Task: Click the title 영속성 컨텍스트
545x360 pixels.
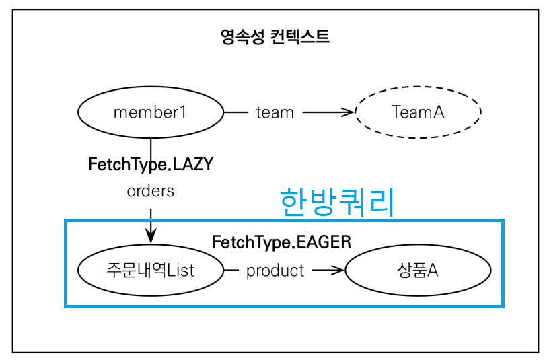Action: pos(275,36)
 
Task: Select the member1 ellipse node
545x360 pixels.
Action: pos(151,112)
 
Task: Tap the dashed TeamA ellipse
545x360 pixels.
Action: pos(418,112)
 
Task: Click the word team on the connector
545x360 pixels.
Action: pos(275,112)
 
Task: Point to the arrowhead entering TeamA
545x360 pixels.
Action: pos(349,112)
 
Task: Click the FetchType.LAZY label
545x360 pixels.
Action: pos(151,164)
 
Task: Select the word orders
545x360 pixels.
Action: pos(151,191)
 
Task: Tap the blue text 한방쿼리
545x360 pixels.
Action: pos(336,202)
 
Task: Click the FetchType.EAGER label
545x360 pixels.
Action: pos(281,242)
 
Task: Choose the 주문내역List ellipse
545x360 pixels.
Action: pos(151,271)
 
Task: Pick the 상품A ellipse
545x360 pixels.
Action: pos(418,271)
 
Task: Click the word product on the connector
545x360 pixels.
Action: pos(275,271)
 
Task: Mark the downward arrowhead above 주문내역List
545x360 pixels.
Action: pos(151,236)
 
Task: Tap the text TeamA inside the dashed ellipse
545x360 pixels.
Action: pos(418,112)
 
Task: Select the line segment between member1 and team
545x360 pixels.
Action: pos(235,112)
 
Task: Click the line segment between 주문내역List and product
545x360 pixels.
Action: pos(231,271)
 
